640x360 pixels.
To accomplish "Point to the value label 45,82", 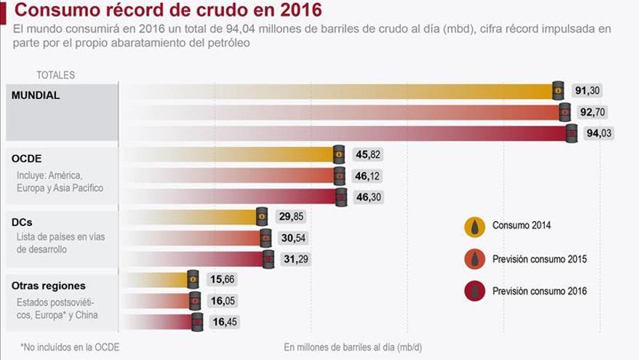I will pyautogui.click(x=367, y=154).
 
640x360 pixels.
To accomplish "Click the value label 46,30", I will pyautogui.click(x=367, y=197).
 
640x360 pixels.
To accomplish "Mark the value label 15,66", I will pyautogui.click(x=223, y=279).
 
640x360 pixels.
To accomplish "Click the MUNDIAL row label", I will pyautogui.click(x=36, y=95).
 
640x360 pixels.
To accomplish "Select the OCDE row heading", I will pyautogui.click(x=27, y=158).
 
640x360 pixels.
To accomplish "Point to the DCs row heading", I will pyautogui.click(x=23, y=221).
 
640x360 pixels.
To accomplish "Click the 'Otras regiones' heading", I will pyautogui.click(x=49, y=286).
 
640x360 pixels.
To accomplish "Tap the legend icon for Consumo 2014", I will pyautogui.click(x=475, y=226).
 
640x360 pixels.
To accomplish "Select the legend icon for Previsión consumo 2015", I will pyautogui.click(x=475, y=259).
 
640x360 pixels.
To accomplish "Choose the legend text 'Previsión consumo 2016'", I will pyautogui.click(x=540, y=291).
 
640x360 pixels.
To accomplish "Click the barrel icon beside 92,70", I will pyautogui.click(x=565, y=112).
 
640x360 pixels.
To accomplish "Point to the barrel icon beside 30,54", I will pyautogui.click(x=266, y=238).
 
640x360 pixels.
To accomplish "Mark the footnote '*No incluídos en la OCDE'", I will pyautogui.click(x=70, y=347).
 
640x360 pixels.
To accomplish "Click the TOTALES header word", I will pyautogui.click(x=55, y=75).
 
